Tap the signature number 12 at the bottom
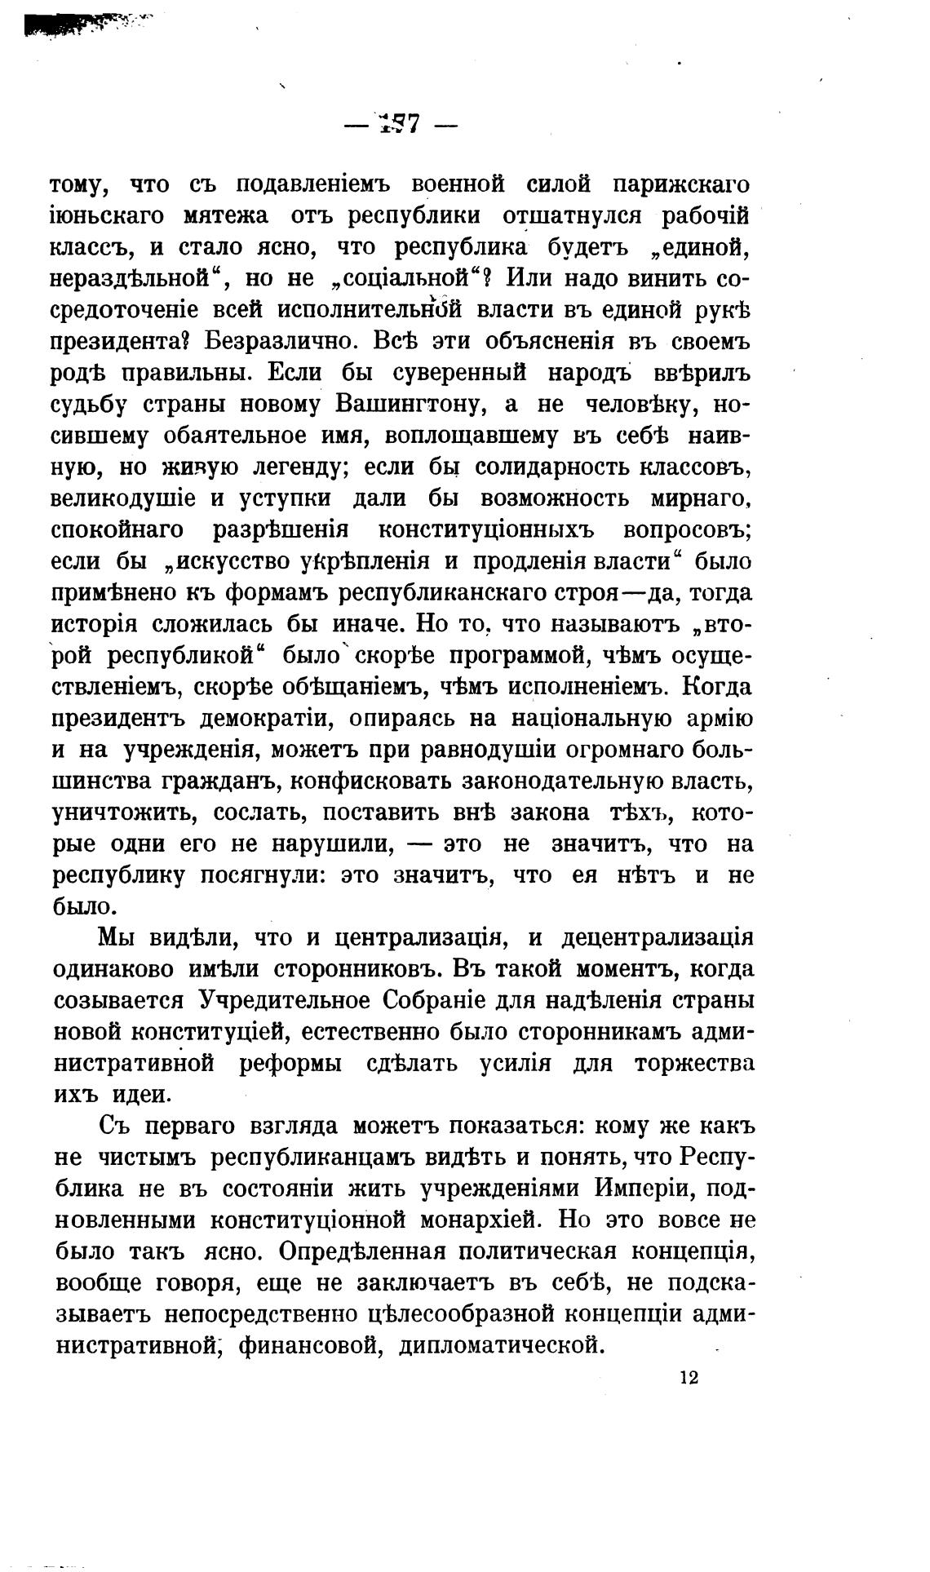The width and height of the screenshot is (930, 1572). (688, 1378)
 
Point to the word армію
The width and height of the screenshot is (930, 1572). (722, 719)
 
